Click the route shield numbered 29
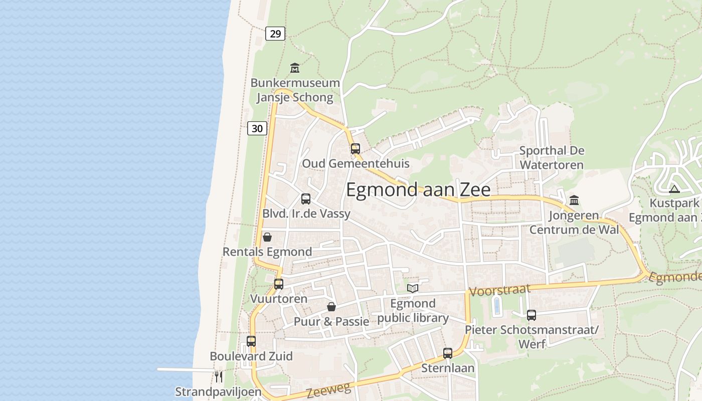click(275, 34)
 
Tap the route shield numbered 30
click(257, 128)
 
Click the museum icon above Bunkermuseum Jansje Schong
click(295, 68)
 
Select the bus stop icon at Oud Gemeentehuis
click(356, 148)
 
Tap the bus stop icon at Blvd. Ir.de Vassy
click(306, 198)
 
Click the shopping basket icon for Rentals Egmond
click(267, 237)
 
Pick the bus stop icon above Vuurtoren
click(279, 284)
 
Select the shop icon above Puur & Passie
click(331, 306)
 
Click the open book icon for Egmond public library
click(413, 288)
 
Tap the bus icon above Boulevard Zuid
click(251, 341)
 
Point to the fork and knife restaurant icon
click(218, 376)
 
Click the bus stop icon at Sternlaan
click(448, 353)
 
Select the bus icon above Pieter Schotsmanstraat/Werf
click(532, 315)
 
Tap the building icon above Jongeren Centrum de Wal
click(574, 200)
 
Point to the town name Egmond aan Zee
click(418, 189)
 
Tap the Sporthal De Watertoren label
click(552, 157)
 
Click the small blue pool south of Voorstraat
click(497, 305)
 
